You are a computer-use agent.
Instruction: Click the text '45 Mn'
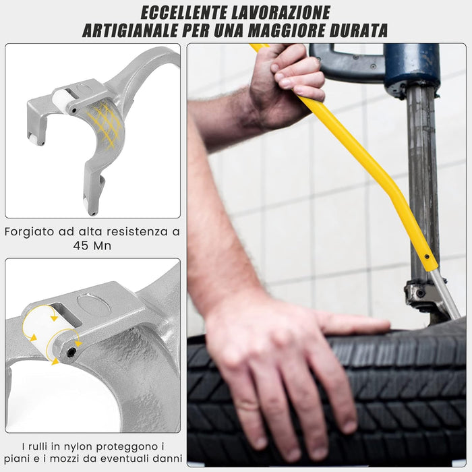click(92, 246)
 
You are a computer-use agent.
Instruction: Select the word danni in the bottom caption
click(165, 459)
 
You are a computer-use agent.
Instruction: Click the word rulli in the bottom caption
click(43, 446)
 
